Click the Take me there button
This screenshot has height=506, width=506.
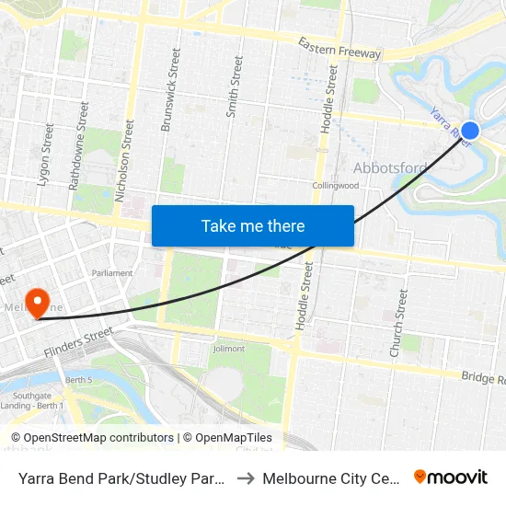click(x=252, y=225)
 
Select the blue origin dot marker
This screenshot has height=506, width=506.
click(x=470, y=132)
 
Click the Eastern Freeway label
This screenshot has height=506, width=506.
click(x=339, y=48)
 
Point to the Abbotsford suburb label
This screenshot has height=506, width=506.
click(x=390, y=167)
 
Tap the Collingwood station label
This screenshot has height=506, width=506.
click(x=334, y=185)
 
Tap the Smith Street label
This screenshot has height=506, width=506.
click(x=236, y=86)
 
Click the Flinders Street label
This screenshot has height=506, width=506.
click(x=79, y=342)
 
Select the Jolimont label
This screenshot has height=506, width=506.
click(x=228, y=349)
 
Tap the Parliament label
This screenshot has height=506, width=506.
click(x=112, y=273)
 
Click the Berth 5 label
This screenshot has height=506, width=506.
click(x=79, y=380)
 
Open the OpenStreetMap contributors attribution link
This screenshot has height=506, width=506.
click(x=92, y=438)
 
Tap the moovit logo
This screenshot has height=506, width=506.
click(x=451, y=477)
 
